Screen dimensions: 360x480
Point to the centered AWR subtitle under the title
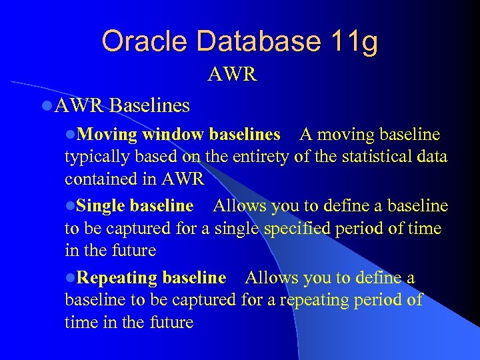[232, 74]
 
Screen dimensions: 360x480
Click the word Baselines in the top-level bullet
[150, 105]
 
